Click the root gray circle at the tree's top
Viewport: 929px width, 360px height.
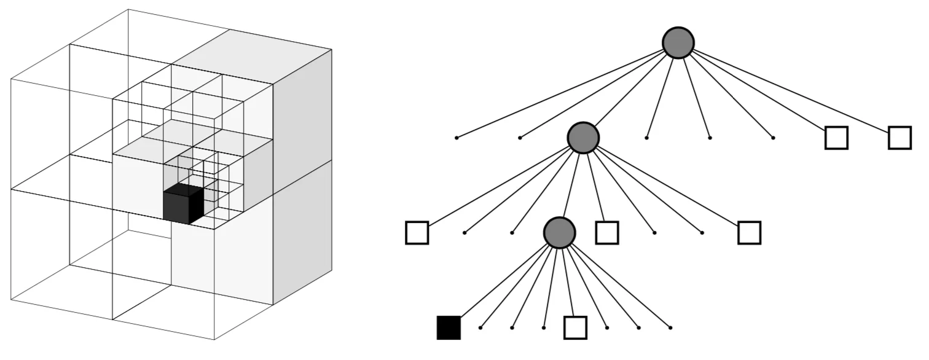click(678, 43)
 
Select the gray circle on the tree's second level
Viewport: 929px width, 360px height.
click(582, 138)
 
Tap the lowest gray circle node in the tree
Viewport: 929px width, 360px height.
click(559, 233)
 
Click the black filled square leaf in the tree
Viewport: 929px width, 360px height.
click(449, 327)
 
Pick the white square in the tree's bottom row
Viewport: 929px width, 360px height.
click(575, 327)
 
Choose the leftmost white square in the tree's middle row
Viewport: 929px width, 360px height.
click(417, 233)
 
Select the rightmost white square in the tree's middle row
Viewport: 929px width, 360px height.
click(749, 233)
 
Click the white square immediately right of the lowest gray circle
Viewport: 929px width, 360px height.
click(606, 233)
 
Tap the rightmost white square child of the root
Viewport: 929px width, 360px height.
click(900, 138)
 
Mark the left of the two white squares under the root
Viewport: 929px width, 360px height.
click(836, 138)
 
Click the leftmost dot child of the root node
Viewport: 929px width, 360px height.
click(457, 138)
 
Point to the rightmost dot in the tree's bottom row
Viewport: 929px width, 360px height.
click(670, 327)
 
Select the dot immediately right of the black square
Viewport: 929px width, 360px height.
click(480, 327)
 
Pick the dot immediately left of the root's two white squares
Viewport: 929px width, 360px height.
click(773, 138)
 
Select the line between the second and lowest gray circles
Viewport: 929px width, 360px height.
click(571, 185)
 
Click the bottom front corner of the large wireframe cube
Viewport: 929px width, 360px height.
click(214, 339)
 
